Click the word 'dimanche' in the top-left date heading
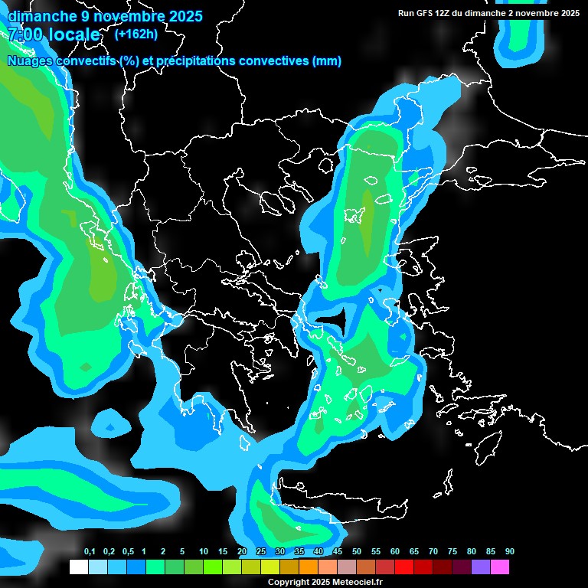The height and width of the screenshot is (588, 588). pyautogui.click(x=43, y=16)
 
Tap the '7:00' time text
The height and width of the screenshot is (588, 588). pyautogui.click(x=26, y=34)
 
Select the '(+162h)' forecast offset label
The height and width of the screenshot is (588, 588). pyautogui.click(x=136, y=34)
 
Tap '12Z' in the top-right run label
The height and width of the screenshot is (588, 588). pyautogui.click(x=445, y=13)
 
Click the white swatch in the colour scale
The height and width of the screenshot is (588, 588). pyautogui.click(x=78, y=567)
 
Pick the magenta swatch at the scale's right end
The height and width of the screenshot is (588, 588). pyautogui.click(x=500, y=567)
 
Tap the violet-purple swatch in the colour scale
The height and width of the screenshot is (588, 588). pyautogui.click(x=481, y=567)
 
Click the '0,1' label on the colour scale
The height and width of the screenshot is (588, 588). pyautogui.click(x=89, y=552)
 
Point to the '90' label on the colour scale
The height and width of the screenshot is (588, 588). pyautogui.click(x=509, y=552)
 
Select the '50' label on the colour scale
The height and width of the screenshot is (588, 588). pyautogui.click(x=357, y=552)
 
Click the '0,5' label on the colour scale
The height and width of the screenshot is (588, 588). pyautogui.click(x=127, y=552)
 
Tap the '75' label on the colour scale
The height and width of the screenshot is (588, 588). pyautogui.click(x=452, y=552)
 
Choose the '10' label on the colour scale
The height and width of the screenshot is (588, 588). pyautogui.click(x=204, y=552)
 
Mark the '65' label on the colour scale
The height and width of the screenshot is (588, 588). pyautogui.click(x=413, y=552)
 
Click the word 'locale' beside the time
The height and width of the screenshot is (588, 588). pyautogui.click(x=73, y=34)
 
